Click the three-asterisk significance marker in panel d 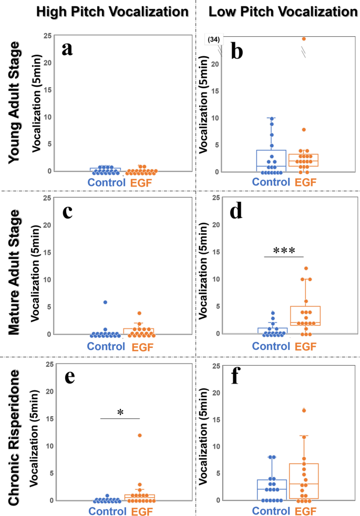[x=284, y=250]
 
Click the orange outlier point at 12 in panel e [x=139, y=435]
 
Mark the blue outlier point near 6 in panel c [x=105, y=302]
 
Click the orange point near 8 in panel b [x=303, y=129]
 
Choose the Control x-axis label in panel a [x=105, y=183]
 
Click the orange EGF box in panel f [x=304, y=481]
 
